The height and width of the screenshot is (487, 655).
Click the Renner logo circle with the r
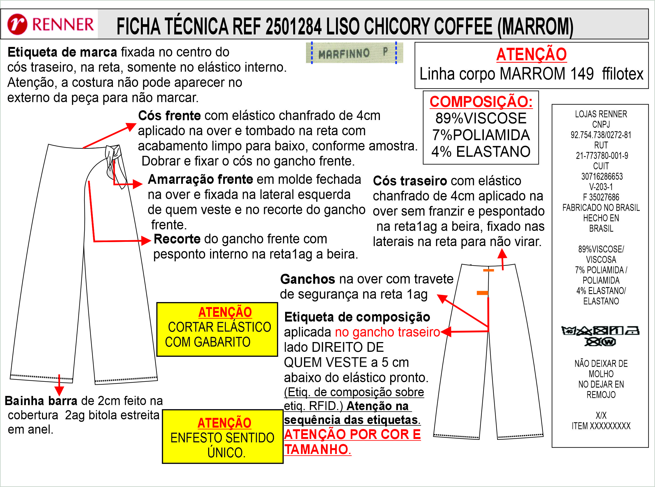click(x=18, y=24)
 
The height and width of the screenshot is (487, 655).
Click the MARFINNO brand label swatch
click(x=354, y=53)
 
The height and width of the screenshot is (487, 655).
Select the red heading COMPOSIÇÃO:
click(x=481, y=102)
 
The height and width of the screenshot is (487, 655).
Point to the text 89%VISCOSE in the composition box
click(x=481, y=119)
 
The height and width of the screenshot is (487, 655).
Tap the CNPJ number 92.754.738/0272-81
click(x=601, y=135)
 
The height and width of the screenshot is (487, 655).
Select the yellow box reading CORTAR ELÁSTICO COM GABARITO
click(x=217, y=329)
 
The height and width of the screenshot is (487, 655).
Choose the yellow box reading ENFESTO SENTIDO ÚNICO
click(x=223, y=436)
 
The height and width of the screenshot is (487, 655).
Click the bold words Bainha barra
click(x=41, y=401)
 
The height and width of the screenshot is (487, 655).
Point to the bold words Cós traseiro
click(x=410, y=181)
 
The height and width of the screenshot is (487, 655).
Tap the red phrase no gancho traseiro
click(x=387, y=332)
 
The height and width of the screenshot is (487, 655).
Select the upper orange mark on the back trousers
click(x=488, y=270)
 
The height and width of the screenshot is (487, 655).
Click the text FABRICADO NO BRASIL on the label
click(x=601, y=208)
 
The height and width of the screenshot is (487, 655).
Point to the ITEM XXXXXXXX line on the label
click(x=601, y=426)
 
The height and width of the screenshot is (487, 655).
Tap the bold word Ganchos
click(x=307, y=279)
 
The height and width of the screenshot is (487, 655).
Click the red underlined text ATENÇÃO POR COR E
click(x=352, y=435)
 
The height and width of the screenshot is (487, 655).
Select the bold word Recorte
click(x=177, y=239)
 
